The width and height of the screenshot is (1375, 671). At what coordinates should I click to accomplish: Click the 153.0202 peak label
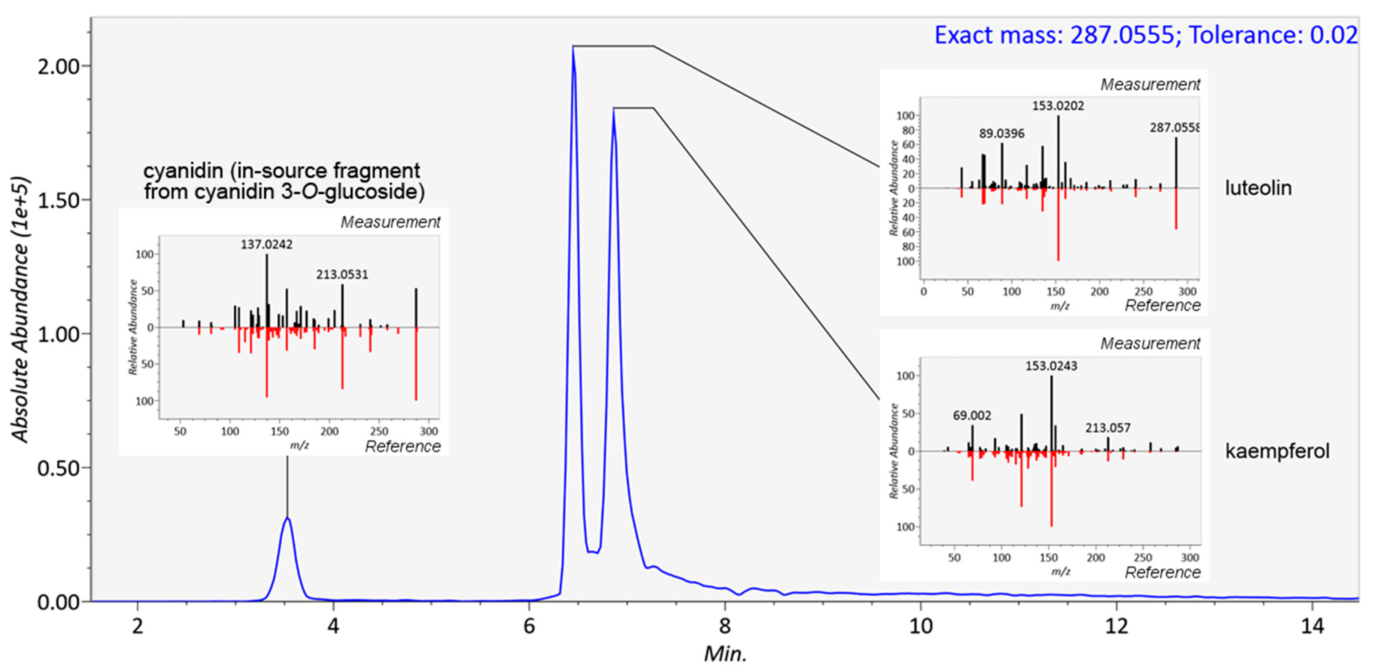coord(1058,106)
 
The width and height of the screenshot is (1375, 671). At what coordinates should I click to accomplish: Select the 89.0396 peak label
coord(1002,134)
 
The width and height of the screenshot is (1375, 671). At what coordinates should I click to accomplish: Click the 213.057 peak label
coord(1107,428)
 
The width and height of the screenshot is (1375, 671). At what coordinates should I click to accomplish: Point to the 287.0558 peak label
coord(1174,128)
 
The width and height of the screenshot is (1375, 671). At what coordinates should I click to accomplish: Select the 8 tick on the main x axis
coord(724,625)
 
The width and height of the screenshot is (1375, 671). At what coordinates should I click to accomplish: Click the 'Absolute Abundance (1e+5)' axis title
coord(20,310)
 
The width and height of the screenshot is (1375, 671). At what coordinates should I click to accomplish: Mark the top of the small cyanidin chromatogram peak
coord(287,518)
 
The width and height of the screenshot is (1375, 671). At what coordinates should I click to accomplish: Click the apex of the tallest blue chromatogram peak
coord(573,47)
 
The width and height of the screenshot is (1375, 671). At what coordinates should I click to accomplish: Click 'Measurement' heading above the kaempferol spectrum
coord(1150,343)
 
